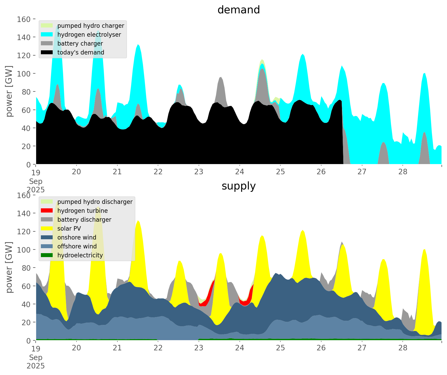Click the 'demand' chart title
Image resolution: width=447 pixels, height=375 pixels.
[x=238, y=10]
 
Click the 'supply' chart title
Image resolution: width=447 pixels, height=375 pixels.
[x=238, y=186]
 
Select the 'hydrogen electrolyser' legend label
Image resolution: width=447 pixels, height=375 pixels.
[x=89, y=35]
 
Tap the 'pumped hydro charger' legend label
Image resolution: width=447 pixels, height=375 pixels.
[x=91, y=26]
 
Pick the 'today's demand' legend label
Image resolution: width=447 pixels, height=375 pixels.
[x=81, y=52]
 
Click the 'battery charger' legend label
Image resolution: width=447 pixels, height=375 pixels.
[x=80, y=44]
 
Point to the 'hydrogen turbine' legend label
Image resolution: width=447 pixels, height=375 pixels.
[x=83, y=211]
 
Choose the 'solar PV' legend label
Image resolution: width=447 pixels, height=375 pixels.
[x=69, y=229]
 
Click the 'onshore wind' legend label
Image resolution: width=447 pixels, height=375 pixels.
[x=77, y=237]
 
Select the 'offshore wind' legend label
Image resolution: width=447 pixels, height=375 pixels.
[x=77, y=246]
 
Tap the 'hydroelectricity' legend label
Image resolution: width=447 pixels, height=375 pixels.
[x=80, y=255]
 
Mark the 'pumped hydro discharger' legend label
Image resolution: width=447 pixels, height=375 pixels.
[x=95, y=202]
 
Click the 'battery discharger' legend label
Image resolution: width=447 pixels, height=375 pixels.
[x=84, y=220]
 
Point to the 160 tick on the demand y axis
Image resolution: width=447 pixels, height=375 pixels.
[x=24, y=19]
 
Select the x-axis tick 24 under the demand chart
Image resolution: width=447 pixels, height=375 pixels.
[x=239, y=172]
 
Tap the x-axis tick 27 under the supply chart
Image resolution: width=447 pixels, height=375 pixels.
[x=362, y=348]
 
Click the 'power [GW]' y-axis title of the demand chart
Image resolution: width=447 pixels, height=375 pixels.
[x=9, y=91]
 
